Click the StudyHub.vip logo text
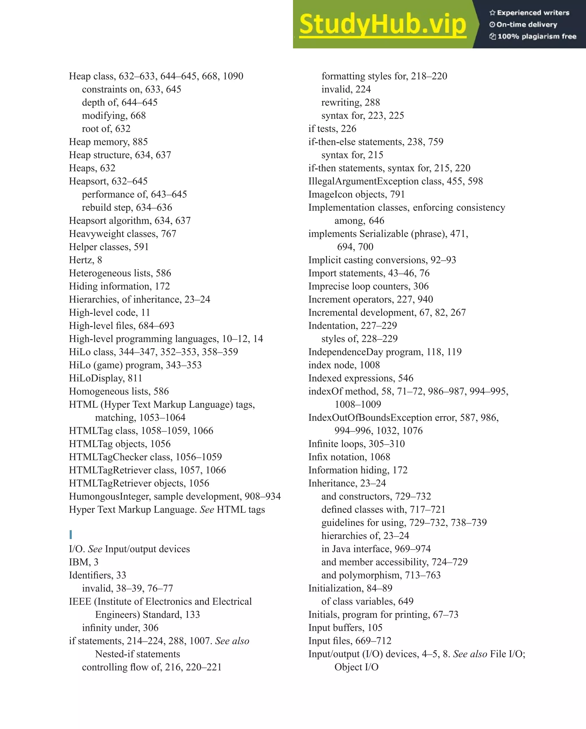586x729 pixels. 383,24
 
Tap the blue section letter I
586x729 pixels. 71,535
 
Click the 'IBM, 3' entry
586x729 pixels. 84,562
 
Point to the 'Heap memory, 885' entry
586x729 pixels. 108,142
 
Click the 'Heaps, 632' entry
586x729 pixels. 92,168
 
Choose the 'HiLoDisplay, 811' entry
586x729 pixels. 105,378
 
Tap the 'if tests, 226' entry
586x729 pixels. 332,129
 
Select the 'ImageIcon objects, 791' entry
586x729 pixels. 356,194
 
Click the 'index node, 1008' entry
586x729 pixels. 344,365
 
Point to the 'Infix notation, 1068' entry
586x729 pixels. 349,457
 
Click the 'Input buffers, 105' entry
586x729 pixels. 345,628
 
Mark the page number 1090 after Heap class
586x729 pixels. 233,76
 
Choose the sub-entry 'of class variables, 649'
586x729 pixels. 367,601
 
